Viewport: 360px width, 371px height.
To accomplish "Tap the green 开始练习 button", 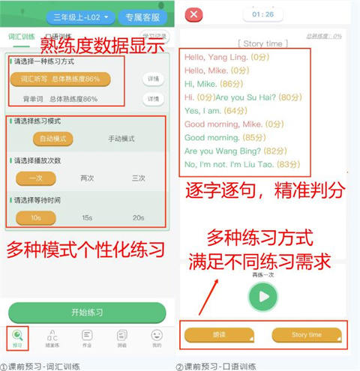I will tap(86, 312).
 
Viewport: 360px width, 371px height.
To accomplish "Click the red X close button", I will tap(193, 14).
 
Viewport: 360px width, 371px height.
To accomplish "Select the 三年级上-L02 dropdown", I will tap(80, 16).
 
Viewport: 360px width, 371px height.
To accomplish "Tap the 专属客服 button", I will tap(142, 16).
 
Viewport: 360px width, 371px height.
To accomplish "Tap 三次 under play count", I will tap(137, 178).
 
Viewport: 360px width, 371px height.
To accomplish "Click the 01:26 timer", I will tap(262, 13).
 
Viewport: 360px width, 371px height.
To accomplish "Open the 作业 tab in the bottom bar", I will tap(87, 339).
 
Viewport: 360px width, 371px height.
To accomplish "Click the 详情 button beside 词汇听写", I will tap(153, 79).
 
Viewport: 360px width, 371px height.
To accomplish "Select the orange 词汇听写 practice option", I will tap(60, 79).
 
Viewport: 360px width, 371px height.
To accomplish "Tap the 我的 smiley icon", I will tap(156, 339).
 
